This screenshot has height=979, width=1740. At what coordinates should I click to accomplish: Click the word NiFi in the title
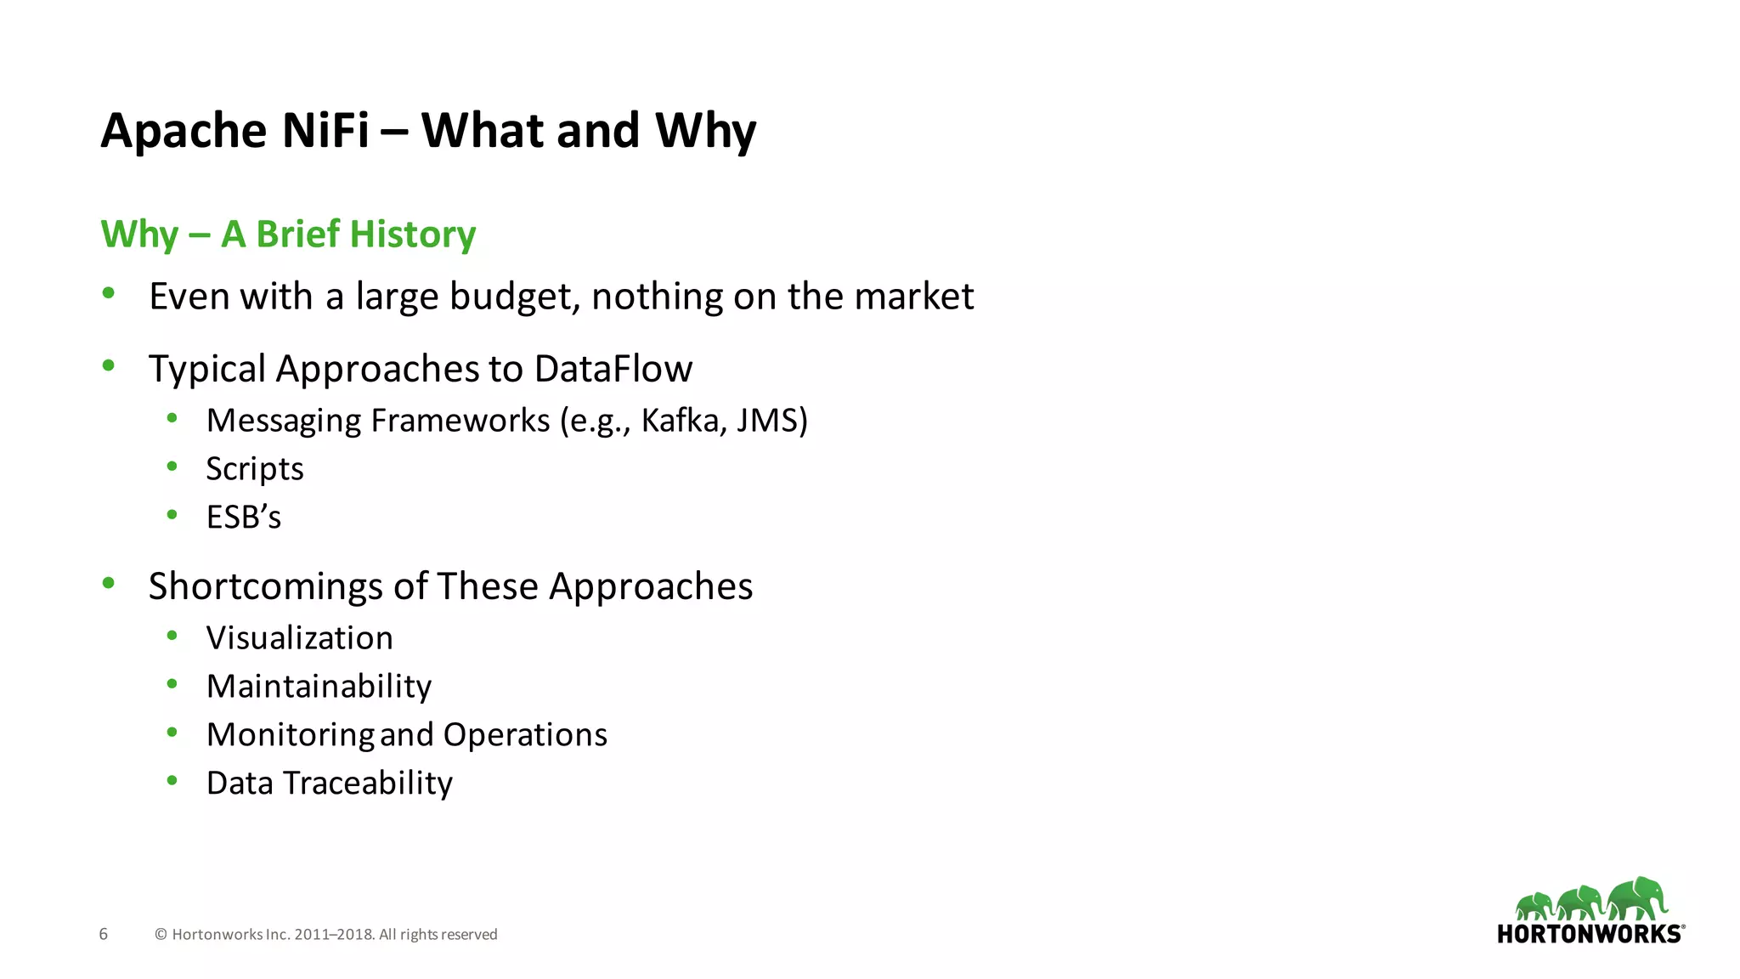pos(325,131)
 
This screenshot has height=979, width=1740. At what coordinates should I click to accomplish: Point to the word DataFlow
pos(613,369)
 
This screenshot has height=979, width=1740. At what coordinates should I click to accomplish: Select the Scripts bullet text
pos(255,469)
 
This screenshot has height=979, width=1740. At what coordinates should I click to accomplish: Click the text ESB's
pos(244,518)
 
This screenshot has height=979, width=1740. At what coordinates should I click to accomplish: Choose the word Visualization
pos(300,638)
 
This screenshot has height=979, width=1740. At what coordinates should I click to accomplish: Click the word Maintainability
pos(319,687)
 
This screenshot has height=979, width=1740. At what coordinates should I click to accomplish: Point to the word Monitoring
pos(291,735)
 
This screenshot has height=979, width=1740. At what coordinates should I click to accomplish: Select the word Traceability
pos(368,784)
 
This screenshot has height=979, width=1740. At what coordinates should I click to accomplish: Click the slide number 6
pos(104,934)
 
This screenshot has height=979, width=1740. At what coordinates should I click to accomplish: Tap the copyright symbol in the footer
pos(161,935)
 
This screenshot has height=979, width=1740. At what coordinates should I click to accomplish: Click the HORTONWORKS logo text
pos(1589,934)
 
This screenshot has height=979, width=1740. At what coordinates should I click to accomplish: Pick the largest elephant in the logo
pos(1637,899)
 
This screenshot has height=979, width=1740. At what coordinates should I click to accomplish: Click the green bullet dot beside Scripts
pos(172,466)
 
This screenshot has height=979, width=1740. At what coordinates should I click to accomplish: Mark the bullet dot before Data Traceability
pos(172,780)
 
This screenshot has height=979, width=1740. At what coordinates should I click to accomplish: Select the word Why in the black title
pos(705,131)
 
